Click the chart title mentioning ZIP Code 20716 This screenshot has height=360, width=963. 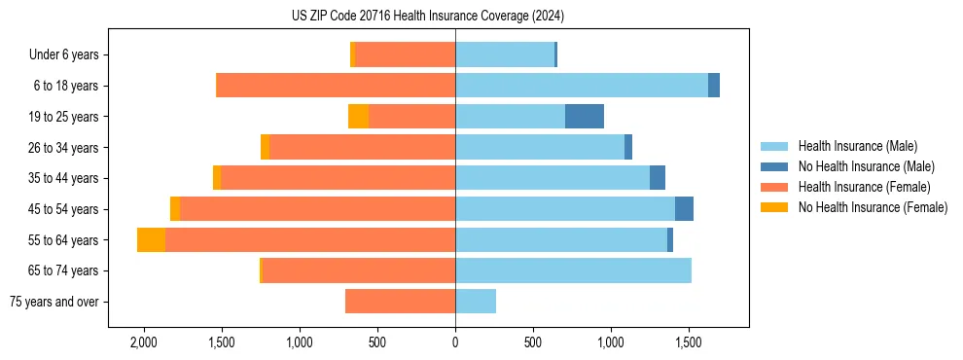click(428, 16)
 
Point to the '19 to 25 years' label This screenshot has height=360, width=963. click(65, 117)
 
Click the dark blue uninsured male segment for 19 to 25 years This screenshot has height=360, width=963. click(585, 117)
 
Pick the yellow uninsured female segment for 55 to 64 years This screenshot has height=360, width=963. click(151, 240)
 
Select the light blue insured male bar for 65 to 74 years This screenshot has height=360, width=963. click(573, 270)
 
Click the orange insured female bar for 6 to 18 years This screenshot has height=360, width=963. click(336, 86)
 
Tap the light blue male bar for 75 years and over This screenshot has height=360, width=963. click(476, 302)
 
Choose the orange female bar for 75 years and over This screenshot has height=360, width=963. click(400, 302)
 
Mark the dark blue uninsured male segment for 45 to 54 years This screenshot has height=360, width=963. click(684, 209)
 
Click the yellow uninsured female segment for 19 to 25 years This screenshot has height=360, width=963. click(358, 117)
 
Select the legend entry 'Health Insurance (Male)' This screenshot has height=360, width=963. click(857, 146)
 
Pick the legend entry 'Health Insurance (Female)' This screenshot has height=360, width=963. click(862, 187)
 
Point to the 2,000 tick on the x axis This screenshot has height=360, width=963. click(144, 342)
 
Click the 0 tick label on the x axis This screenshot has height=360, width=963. click(455, 342)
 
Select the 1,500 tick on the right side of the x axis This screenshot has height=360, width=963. click(689, 342)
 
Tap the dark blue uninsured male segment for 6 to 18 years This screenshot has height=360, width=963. click(714, 86)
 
